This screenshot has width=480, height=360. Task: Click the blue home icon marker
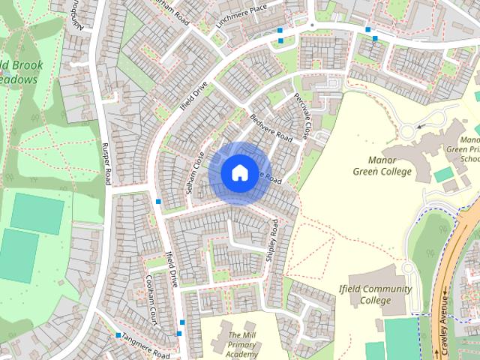[239, 172]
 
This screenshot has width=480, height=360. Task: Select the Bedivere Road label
[271, 129]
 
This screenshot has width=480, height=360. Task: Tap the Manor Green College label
[382, 166]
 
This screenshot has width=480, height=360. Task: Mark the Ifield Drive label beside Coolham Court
[171, 269]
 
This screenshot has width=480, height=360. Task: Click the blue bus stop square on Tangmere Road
[118, 335]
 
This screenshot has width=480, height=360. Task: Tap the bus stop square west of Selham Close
[158, 202]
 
